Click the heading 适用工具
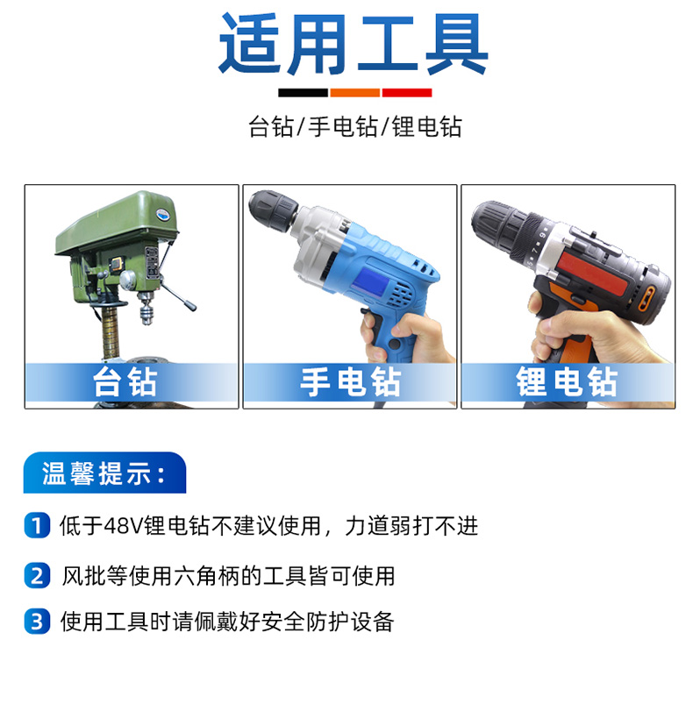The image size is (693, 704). [353, 44]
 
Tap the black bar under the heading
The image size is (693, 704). [303, 93]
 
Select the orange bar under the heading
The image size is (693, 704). [354, 93]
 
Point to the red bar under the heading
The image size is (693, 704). [407, 93]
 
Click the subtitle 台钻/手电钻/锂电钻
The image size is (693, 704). [354, 126]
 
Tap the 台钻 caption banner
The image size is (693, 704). [132, 382]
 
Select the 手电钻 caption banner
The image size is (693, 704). [350, 382]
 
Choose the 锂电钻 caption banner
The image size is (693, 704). [568, 382]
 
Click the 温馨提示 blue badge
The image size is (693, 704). [104, 473]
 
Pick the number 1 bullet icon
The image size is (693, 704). [37, 525]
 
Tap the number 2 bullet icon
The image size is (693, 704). [37, 575]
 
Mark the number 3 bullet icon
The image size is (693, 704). [37, 622]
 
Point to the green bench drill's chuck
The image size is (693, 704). [145, 308]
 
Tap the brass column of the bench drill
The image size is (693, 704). [110, 331]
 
